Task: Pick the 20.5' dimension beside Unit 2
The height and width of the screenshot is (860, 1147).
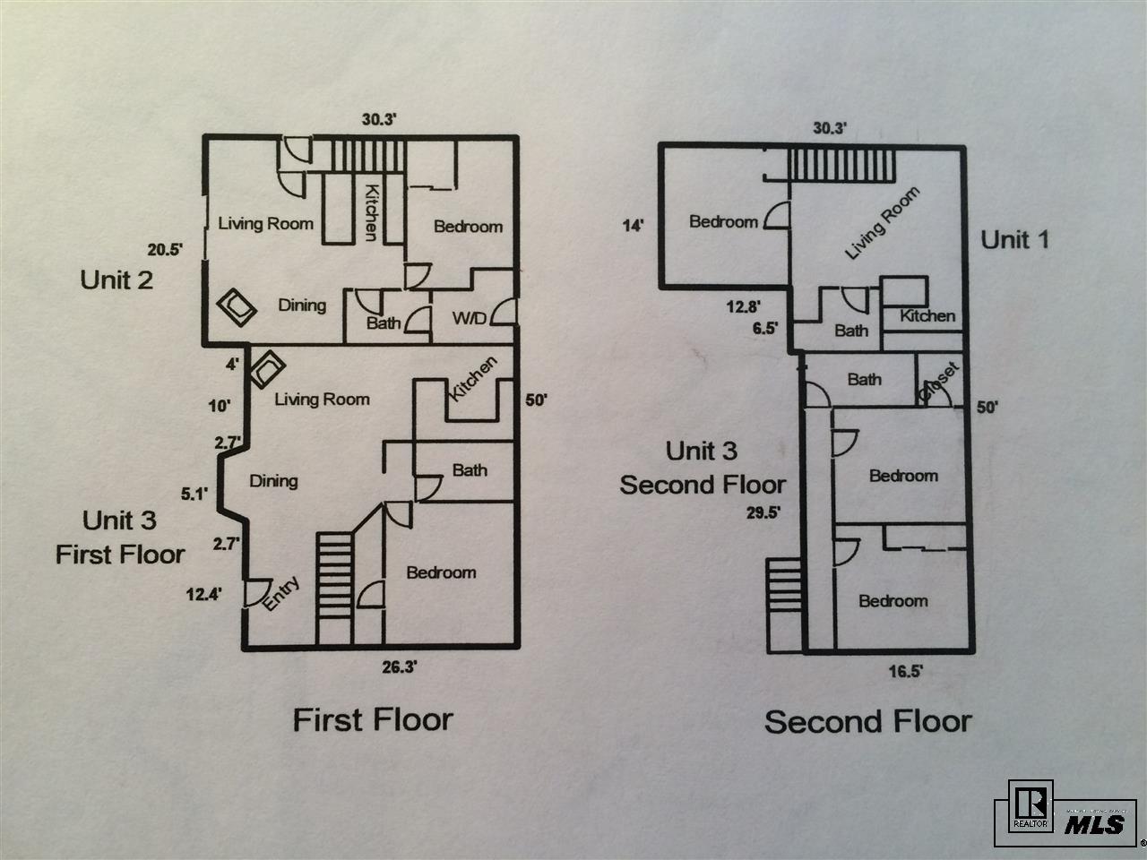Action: (166, 251)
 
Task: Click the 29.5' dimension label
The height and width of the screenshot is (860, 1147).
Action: (763, 513)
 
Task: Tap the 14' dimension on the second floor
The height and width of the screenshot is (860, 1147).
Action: (633, 225)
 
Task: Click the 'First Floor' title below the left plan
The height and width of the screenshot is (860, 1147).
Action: (373, 719)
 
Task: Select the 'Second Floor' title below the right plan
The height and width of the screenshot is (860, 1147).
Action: (867, 721)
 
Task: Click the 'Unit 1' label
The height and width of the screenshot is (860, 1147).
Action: (1014, 239)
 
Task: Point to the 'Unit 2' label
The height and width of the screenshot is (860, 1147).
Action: (116, 279)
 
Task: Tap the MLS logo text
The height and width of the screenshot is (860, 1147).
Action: (1094, 823)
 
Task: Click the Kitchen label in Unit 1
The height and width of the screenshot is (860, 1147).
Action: (927, 315)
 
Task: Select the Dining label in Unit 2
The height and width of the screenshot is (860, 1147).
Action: (301, 305)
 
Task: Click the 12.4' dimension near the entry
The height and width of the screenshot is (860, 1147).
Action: (204, 592)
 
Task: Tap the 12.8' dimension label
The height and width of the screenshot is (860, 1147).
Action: (744, 307)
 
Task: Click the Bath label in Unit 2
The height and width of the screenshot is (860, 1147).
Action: (384, 323)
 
